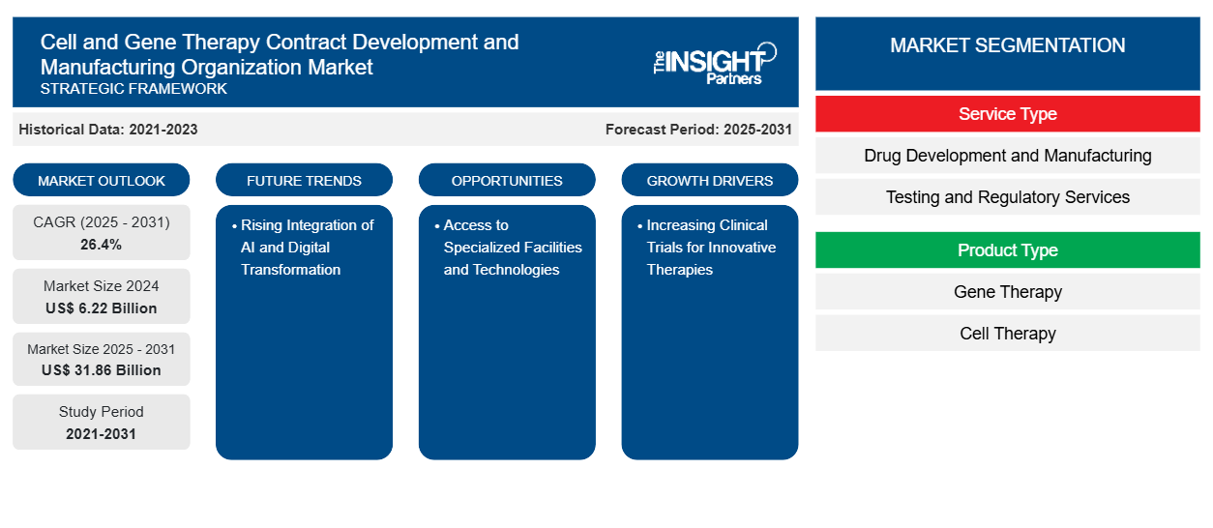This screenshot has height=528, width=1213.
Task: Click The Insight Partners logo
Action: [714, 64]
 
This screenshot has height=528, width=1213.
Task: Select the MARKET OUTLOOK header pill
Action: [102, 181]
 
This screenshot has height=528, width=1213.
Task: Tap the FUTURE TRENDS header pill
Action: [304, 181]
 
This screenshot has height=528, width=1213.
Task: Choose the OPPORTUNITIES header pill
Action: [507, 181]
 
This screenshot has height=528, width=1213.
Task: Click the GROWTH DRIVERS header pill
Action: [710, 181]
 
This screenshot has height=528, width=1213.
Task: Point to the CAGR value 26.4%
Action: [102, 245]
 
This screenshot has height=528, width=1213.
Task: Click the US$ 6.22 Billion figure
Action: [102, 308]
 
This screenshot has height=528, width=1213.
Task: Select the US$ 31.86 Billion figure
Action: [102, 370]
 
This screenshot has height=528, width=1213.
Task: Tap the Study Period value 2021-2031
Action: [102, 434]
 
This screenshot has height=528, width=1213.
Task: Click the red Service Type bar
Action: [1007, 114]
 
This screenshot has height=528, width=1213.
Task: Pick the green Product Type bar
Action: [1007, 250]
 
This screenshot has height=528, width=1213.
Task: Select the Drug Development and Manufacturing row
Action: [1007, 156]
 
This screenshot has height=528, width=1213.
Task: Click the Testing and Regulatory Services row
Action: [1007, 197]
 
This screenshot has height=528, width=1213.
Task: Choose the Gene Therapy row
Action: [1007, 292]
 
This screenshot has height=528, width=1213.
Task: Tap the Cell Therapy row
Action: [1007, 334]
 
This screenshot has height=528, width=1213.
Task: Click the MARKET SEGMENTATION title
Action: [1007, 45]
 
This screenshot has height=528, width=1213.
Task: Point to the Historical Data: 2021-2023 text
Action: [108, 130]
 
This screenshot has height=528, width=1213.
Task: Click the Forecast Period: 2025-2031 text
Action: [698, 130]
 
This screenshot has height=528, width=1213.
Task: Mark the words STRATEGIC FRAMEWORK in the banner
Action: [133, 89]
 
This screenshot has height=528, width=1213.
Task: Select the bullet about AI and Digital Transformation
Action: [306, 248]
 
